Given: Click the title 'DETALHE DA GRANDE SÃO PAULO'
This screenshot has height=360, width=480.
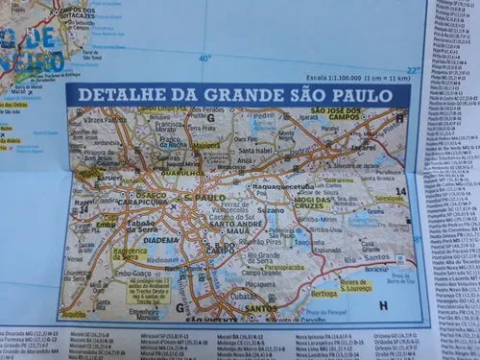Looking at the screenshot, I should [x=234, y=94].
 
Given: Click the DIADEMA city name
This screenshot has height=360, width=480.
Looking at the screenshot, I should [x=161, y=240].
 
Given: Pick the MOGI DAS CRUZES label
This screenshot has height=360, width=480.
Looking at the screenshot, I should [x=321, y=204].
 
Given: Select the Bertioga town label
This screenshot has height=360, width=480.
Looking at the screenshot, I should [x=324, y=292].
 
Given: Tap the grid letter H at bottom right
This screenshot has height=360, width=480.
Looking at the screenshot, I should [x=384, y=305].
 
